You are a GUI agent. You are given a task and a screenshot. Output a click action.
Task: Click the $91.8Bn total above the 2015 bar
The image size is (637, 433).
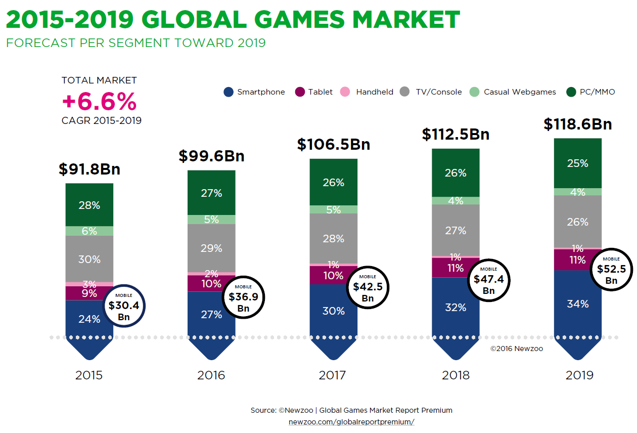89,169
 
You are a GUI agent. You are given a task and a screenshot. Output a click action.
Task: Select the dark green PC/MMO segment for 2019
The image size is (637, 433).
578,163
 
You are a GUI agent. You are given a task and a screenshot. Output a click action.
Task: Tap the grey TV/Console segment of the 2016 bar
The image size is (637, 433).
211,248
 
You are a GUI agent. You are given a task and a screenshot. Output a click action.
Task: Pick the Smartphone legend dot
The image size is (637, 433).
229,92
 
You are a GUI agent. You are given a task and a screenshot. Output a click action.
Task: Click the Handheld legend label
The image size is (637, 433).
375,92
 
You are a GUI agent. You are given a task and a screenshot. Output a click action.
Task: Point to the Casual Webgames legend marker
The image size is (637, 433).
474,92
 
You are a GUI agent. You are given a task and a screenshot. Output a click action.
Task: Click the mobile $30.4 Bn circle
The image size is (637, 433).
124,307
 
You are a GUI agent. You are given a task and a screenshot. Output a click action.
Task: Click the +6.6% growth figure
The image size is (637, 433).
99,102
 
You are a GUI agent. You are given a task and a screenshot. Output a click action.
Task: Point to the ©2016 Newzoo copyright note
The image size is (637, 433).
517,349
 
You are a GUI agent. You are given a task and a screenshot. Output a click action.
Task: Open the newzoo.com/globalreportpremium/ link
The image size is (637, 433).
351,422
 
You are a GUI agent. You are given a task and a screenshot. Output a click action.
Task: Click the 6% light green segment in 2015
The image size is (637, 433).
89,231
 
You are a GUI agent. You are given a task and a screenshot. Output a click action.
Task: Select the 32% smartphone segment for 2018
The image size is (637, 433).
456,307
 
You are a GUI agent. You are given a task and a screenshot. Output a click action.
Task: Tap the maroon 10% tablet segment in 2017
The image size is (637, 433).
334,275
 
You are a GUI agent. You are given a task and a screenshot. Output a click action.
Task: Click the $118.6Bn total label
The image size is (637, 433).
578,124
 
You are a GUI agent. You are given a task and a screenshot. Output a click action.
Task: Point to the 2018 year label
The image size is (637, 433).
456,375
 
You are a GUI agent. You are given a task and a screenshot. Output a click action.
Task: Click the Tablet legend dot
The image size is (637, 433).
300,92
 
